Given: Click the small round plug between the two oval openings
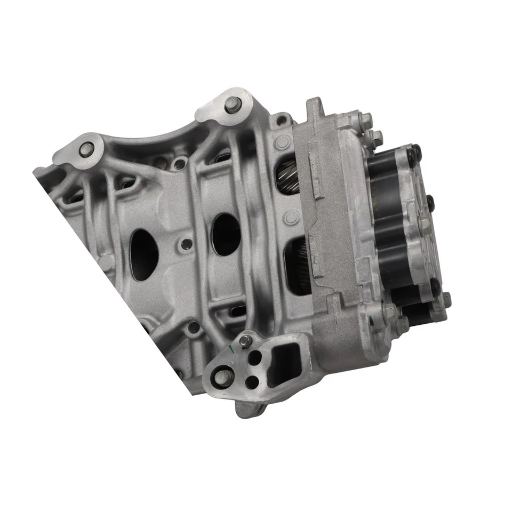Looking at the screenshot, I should (x=186, y=244).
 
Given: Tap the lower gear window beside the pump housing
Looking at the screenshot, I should (x=299, y=267).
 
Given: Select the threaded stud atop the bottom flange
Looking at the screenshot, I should (x=245, y=341).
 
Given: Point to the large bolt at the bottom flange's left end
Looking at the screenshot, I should (x=218, y=380).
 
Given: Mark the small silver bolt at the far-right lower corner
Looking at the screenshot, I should (x=446, y=299).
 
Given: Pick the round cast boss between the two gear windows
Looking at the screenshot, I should (x=291, y=217).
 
